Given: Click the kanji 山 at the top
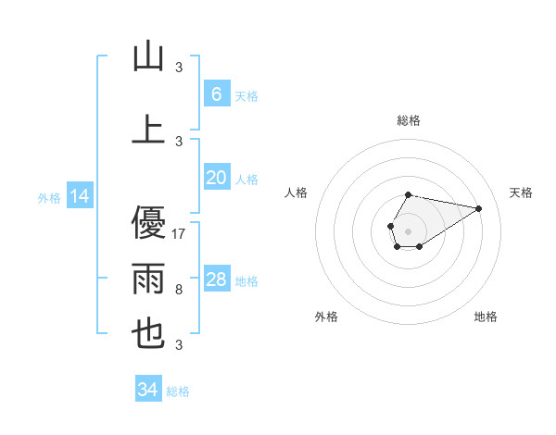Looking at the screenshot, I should pos(148,57).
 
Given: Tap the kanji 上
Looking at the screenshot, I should pos(148,130).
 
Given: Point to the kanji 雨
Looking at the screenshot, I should pos(148,278).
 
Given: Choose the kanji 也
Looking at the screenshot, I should pos(148,334).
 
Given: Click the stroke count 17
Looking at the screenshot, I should pos(180,234).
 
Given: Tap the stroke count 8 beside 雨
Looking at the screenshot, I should pos(179,290).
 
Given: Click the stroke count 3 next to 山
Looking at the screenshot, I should pos(179,68).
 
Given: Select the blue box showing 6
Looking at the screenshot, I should pos(216,94).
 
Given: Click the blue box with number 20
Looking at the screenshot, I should pos(216,179).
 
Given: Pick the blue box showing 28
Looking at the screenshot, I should pos(216,280).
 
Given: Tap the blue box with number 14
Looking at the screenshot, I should pos(79,196).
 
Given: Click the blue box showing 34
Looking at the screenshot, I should pos(147,390).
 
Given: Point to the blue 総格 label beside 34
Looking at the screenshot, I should pos(178,391).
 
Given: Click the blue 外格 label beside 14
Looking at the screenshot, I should pos(49,197).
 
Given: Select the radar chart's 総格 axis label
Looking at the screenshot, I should pos(409,120).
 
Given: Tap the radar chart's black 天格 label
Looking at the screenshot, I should pos(522,193).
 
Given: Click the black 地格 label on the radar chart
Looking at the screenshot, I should pos(486,317).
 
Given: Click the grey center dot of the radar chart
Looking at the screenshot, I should pos(408,230).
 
